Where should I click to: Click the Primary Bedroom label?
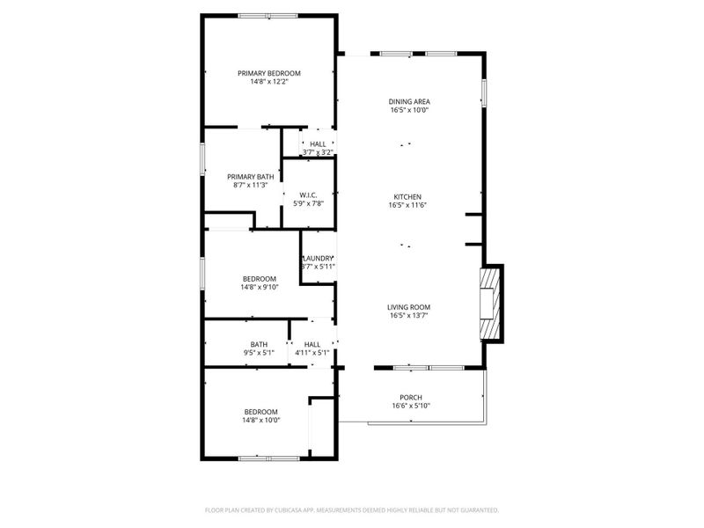pyautogui.click(x=269, y=73)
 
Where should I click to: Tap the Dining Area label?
pyautogui.click(x=409, y=102)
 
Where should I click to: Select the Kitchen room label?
pyautogui.click(x=407, y=196)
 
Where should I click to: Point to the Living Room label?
pyautogui.click(x=409, y=307)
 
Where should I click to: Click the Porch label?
pyautogui.click(x=411, y=397)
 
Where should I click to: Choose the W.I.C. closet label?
pyautogui.click(x=308, y=195)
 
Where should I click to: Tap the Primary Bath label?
pyautogui.click(x=251, y=177)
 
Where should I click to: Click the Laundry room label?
pyautogui.click(x=319, y=258)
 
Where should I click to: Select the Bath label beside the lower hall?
pyautogui.click(x=259, y=344)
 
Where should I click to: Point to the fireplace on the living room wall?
pyautogui.click(x=489, y=304)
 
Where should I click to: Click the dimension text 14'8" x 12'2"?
pyautogui.click(x=269, y=82)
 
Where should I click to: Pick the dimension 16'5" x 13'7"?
pyautogui.click(x=409, y=316)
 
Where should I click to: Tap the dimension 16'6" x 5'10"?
pyautogui.click(x=411, y=406)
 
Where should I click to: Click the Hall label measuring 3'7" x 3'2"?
pyautogui.click(x=318, y=143)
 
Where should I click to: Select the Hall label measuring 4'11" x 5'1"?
pyautogui.click(x=312, y=344)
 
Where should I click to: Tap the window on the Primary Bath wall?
pyautogui.click(x=203, y=158)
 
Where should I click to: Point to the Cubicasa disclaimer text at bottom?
pyautogui.click(x=352, y=510)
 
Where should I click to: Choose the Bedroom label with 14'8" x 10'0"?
pyautogui.click(x=261, y=412)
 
